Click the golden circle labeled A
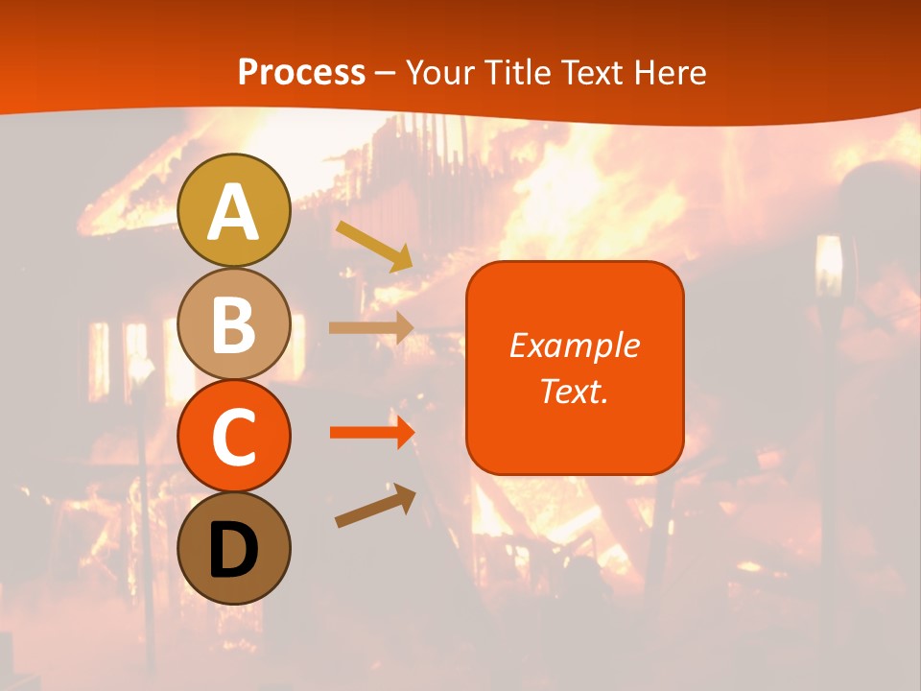click(233, 210)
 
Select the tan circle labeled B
click(233, 323)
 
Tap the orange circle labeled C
click(233, 436)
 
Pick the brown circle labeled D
click(233, 548)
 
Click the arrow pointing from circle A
click(374, 246)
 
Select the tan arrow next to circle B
click(371, 327)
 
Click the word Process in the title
click(301, 73)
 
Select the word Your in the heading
click(437, 73)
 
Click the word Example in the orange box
click(574, 345)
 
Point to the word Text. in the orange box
click(574, 391)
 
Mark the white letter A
click(233, 213)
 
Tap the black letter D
click(233, 550)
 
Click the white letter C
click(233, 438)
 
